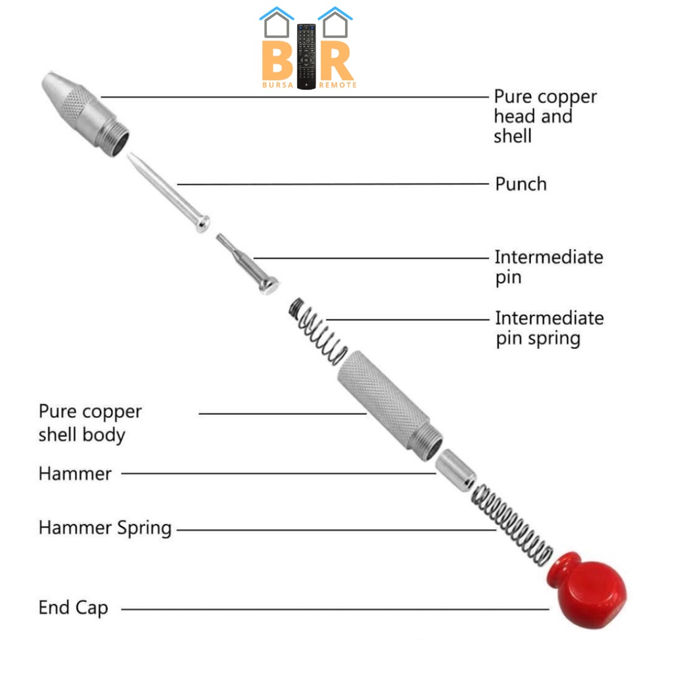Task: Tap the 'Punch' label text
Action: pyautogui.click(x=521, y=184)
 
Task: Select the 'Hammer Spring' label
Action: pyautogui.click(x=105, y=528)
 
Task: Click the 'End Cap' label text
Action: pyautogui.click(x=73, y=608)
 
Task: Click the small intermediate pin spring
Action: pyautogui.click(x=319, y=331)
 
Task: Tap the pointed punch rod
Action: pyautogui.click(x=168, y=191)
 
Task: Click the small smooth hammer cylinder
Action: pyautogui.click(x=456, y=468)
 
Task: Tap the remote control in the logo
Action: pyautogui.click(x=306, y=57)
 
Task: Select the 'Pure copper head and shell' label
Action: pyautogui.click(x=545, y=116)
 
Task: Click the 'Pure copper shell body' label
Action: pyautogui.click(x=90, y=423)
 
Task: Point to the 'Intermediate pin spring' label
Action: pyautogui.click(x=549, y=328)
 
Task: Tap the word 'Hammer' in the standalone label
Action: pyautogui.click(x=75, y=473)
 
